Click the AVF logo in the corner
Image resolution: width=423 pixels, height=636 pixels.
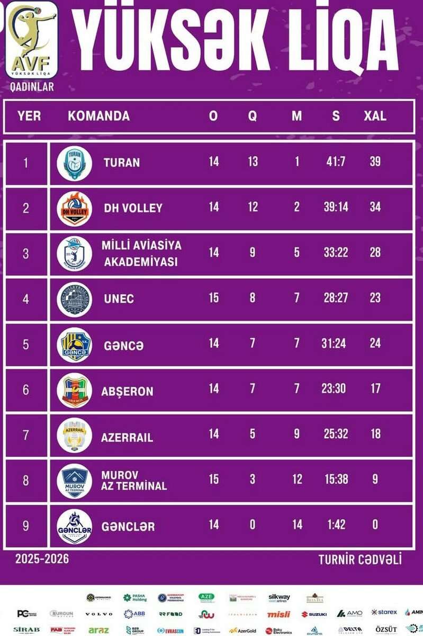(32, 40)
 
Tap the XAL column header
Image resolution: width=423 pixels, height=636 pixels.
(375, 116)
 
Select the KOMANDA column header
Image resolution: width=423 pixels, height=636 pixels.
(98, 116)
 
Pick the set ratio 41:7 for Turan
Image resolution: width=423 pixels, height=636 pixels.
(336, 162)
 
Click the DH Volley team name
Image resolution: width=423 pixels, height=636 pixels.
(133, 208)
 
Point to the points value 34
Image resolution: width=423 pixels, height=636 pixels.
(375, 207)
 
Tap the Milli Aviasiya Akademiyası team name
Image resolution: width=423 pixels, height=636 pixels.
(141, 253)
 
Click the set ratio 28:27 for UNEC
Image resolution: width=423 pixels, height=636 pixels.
(336, 298)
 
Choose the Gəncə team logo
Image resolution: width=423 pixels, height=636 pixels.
(74, 345)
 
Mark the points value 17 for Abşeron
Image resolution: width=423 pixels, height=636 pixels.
(375, 388)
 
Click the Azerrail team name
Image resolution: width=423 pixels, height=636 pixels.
(127, 438)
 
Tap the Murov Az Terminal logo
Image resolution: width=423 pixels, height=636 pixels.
(74, 481)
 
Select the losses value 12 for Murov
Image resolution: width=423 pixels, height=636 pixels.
(297, 479)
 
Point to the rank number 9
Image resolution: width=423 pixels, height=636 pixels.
(26, 526)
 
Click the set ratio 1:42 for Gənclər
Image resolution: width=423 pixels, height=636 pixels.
(336, 525)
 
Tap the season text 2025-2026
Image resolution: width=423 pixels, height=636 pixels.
(42, 559)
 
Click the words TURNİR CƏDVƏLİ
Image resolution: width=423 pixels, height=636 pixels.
(360, 559)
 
